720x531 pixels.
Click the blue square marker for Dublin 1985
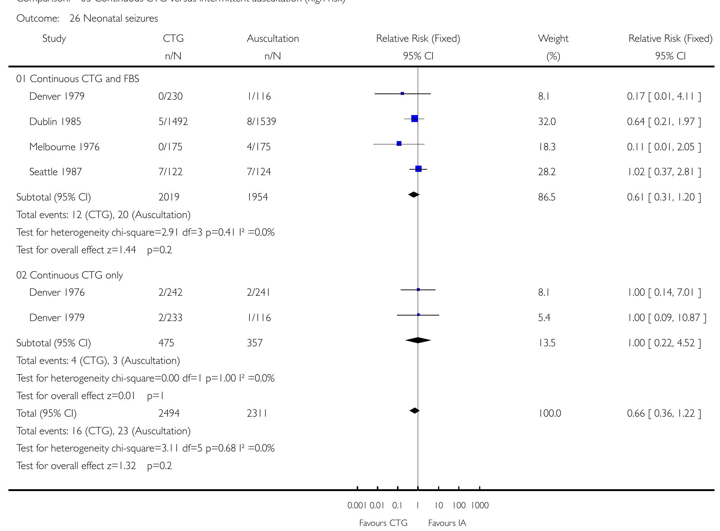(x=415, y=119)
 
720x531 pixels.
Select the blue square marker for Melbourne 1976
(x=399, y=144)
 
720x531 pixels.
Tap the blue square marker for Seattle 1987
(x=419, y=169)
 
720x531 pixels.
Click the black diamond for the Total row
(x=415, y=411)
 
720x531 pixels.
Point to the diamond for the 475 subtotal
(x=418, y=340)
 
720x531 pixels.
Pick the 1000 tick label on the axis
(x=480, y=506)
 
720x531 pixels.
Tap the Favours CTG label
(x=383, y=523)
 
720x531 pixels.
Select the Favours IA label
(x=447, y=523)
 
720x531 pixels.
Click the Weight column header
(x=553, y=38)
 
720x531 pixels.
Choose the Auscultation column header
(x=273, y=38)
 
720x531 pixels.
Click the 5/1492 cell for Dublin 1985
(x=173, y=122)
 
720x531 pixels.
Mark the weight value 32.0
(x=547, y=122)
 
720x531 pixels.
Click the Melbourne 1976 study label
(x=64, y=147)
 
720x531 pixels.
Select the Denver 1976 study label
(x=57, y=292)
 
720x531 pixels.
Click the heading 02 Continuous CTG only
(x=69, y=275)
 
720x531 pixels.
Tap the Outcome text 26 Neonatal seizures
(x=114, y=18)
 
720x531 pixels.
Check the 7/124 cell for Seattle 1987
(x=259, y=172)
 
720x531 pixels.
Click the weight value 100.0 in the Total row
(x=549, y=413)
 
